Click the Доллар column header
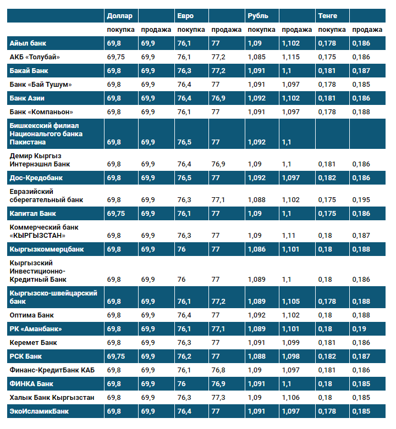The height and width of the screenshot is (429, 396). pyautogui.click(x=119, y=16)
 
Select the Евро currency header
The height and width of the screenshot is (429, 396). pyautogui.click(x=185, y=16)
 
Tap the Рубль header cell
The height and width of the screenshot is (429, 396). pyautogui.click(x=258, y=16)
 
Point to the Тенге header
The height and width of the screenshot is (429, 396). pyautogui.click(x=328, y=16)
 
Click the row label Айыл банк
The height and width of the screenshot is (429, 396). pyautogui.click(x=27, y=43)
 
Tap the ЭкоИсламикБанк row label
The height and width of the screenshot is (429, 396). pyautogui.click(x=39, y=411)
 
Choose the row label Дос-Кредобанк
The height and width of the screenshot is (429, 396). pyautogui.click(x=36, y=178)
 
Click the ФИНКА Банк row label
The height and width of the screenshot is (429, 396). pyautogui.click(x=31, y=383)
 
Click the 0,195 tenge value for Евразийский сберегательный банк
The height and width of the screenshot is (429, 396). pyautogui.click(x=361, y=200)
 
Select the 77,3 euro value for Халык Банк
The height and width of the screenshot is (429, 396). pyautogui.click(x=218, y=397)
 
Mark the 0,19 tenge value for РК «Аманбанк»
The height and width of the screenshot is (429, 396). pyautogui.click(x=359, y=329)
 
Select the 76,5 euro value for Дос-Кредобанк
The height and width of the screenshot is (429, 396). pyautogui.click(x=185, y=178)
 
